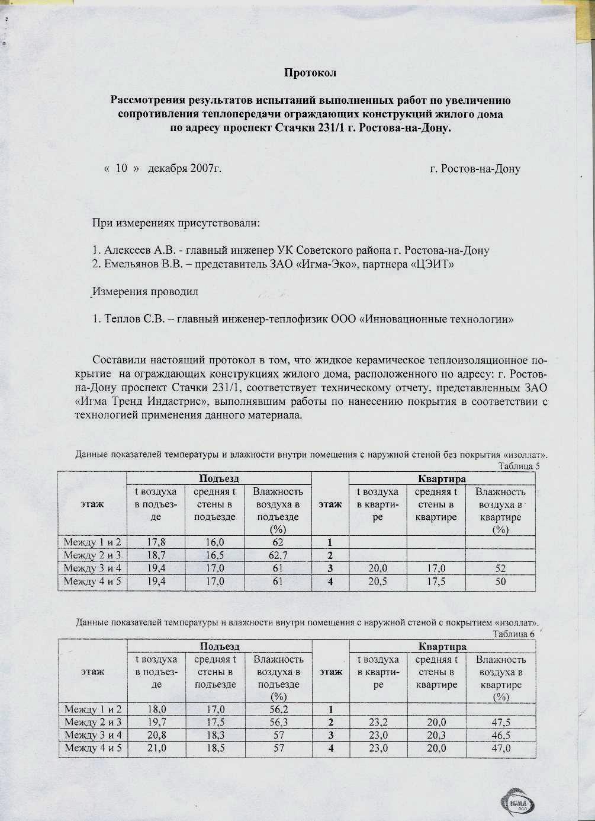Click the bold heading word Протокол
click(310, 73)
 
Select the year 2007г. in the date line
click(206, 168)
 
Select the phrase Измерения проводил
click(145, 292)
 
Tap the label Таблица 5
click(519, 466)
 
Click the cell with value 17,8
click(156, 542)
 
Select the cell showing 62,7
click(278, 555)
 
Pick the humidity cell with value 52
click(500, 568)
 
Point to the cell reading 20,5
click(378, 582)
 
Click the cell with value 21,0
click(156, 749)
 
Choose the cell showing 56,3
click(278, 723)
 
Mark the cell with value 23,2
click(378, 723)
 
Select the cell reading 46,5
click(501, 736)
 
